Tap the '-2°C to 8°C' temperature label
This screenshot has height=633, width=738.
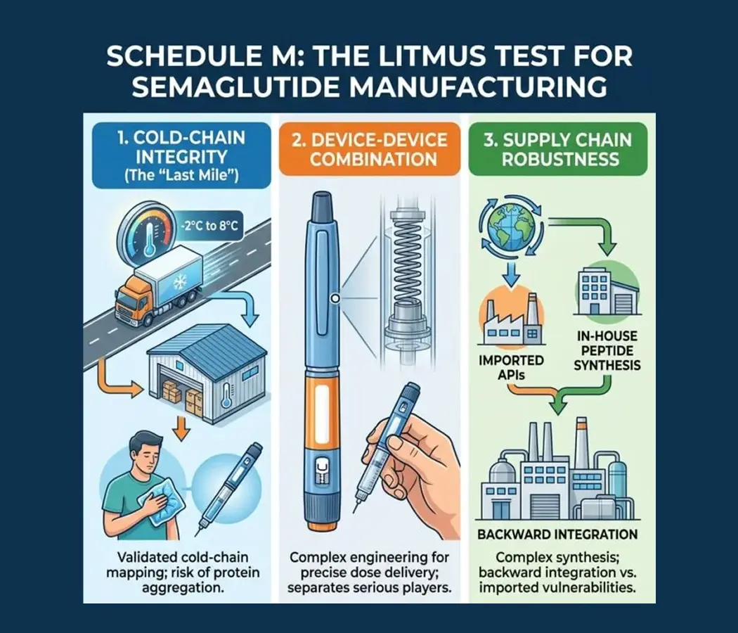(209, 226)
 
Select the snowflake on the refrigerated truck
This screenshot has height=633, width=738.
(180, 282)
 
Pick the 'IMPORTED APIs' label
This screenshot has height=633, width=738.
(511, 367)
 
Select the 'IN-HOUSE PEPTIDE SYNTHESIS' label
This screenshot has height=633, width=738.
(607, 351)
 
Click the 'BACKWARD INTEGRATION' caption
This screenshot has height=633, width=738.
(557, 535)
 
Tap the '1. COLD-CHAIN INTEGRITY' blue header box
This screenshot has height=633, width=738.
(181, 155)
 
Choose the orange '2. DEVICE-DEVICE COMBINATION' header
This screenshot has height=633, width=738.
(370, 149)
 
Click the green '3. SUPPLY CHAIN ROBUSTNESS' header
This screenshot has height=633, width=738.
(558, 149)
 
